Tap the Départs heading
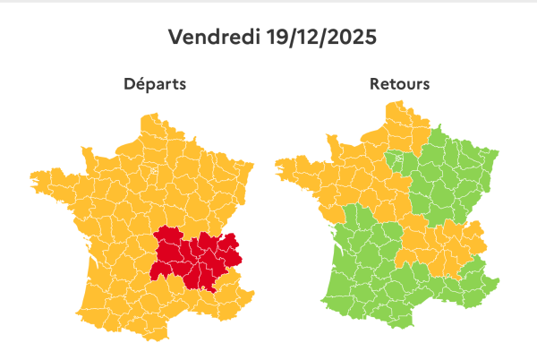click(155, 85)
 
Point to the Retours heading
click(399, 85)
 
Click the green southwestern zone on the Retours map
click(358, 269)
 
